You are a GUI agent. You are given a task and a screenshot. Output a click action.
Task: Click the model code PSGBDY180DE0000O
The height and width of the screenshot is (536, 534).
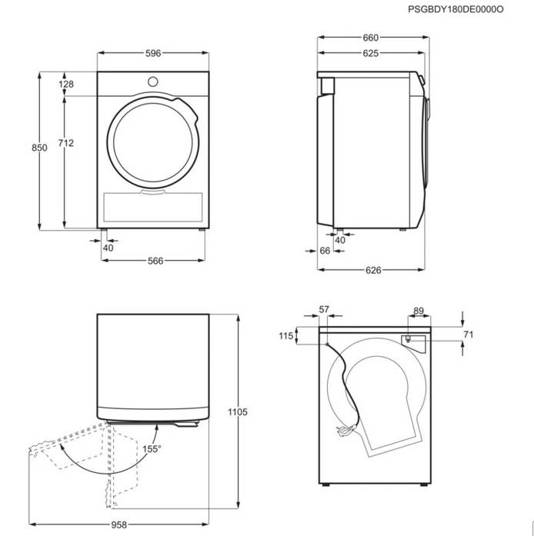(x=456, y=9)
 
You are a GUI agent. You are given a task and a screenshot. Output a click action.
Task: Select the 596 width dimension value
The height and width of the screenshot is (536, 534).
(x=153, y=53)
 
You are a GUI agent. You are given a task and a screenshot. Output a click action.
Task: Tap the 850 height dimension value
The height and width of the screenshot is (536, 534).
(x=39, y=148)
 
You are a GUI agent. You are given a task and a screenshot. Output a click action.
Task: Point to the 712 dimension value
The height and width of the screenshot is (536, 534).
(x=65, y=143)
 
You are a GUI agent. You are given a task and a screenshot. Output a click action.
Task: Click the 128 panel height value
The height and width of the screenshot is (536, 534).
(x=66, y=84)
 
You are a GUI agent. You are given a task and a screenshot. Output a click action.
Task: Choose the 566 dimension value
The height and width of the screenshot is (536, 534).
(x=155, y=261)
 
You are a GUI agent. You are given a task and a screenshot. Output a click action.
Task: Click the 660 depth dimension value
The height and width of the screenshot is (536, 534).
(x=370, y=38)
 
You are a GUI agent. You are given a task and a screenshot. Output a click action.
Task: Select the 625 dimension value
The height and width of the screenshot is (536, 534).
(x=370, y=53)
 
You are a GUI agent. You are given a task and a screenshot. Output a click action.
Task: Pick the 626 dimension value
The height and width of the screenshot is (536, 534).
(x=373, y=270)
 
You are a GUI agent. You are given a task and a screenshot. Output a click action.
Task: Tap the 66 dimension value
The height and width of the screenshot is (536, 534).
(x=325, y=251)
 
